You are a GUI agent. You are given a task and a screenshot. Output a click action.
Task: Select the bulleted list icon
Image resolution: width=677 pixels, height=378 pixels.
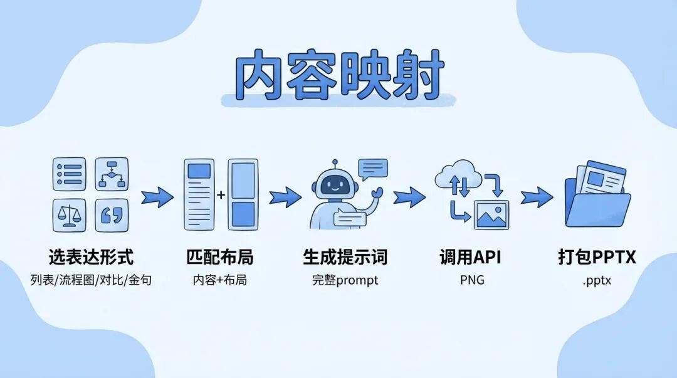[69, 174]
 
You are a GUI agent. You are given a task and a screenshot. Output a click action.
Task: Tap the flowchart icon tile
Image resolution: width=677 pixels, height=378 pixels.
[112, 174]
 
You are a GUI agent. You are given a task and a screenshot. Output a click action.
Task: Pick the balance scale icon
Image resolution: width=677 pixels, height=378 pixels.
[69, 215]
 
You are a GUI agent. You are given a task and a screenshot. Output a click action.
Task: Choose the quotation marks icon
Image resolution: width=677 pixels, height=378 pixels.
[112, 215]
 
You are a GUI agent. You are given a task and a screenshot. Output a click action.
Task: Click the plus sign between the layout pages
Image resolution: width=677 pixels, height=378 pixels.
[221, 195]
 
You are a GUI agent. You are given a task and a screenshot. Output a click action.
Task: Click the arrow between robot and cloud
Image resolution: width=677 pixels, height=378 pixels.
[409, 197]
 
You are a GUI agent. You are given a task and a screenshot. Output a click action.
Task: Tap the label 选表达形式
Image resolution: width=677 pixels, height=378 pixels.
[91, 257]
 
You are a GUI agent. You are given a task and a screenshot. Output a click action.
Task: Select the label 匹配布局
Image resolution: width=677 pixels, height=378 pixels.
[220, 257]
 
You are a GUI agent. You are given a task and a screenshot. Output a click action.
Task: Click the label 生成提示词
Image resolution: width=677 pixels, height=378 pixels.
[345, 257]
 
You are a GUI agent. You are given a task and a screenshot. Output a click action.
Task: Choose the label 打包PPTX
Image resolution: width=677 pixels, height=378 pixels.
[597, 257]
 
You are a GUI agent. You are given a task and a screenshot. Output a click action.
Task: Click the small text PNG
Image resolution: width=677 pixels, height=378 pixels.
[472, 280]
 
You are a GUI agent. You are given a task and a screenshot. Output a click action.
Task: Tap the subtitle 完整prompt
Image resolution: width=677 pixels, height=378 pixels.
[345, 280]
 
